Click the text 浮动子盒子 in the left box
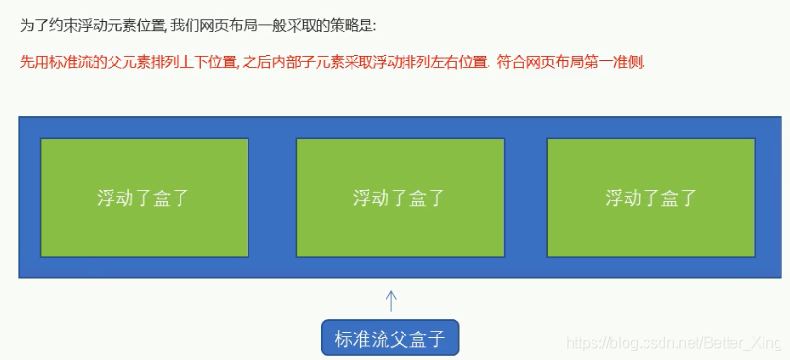click(144, 198)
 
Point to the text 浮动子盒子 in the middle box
click(400, 198)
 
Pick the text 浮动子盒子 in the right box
click(651, 198)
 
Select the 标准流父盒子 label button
click(390, 337)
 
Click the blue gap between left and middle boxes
click(272, 198)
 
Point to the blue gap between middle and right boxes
click(525, 198)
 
